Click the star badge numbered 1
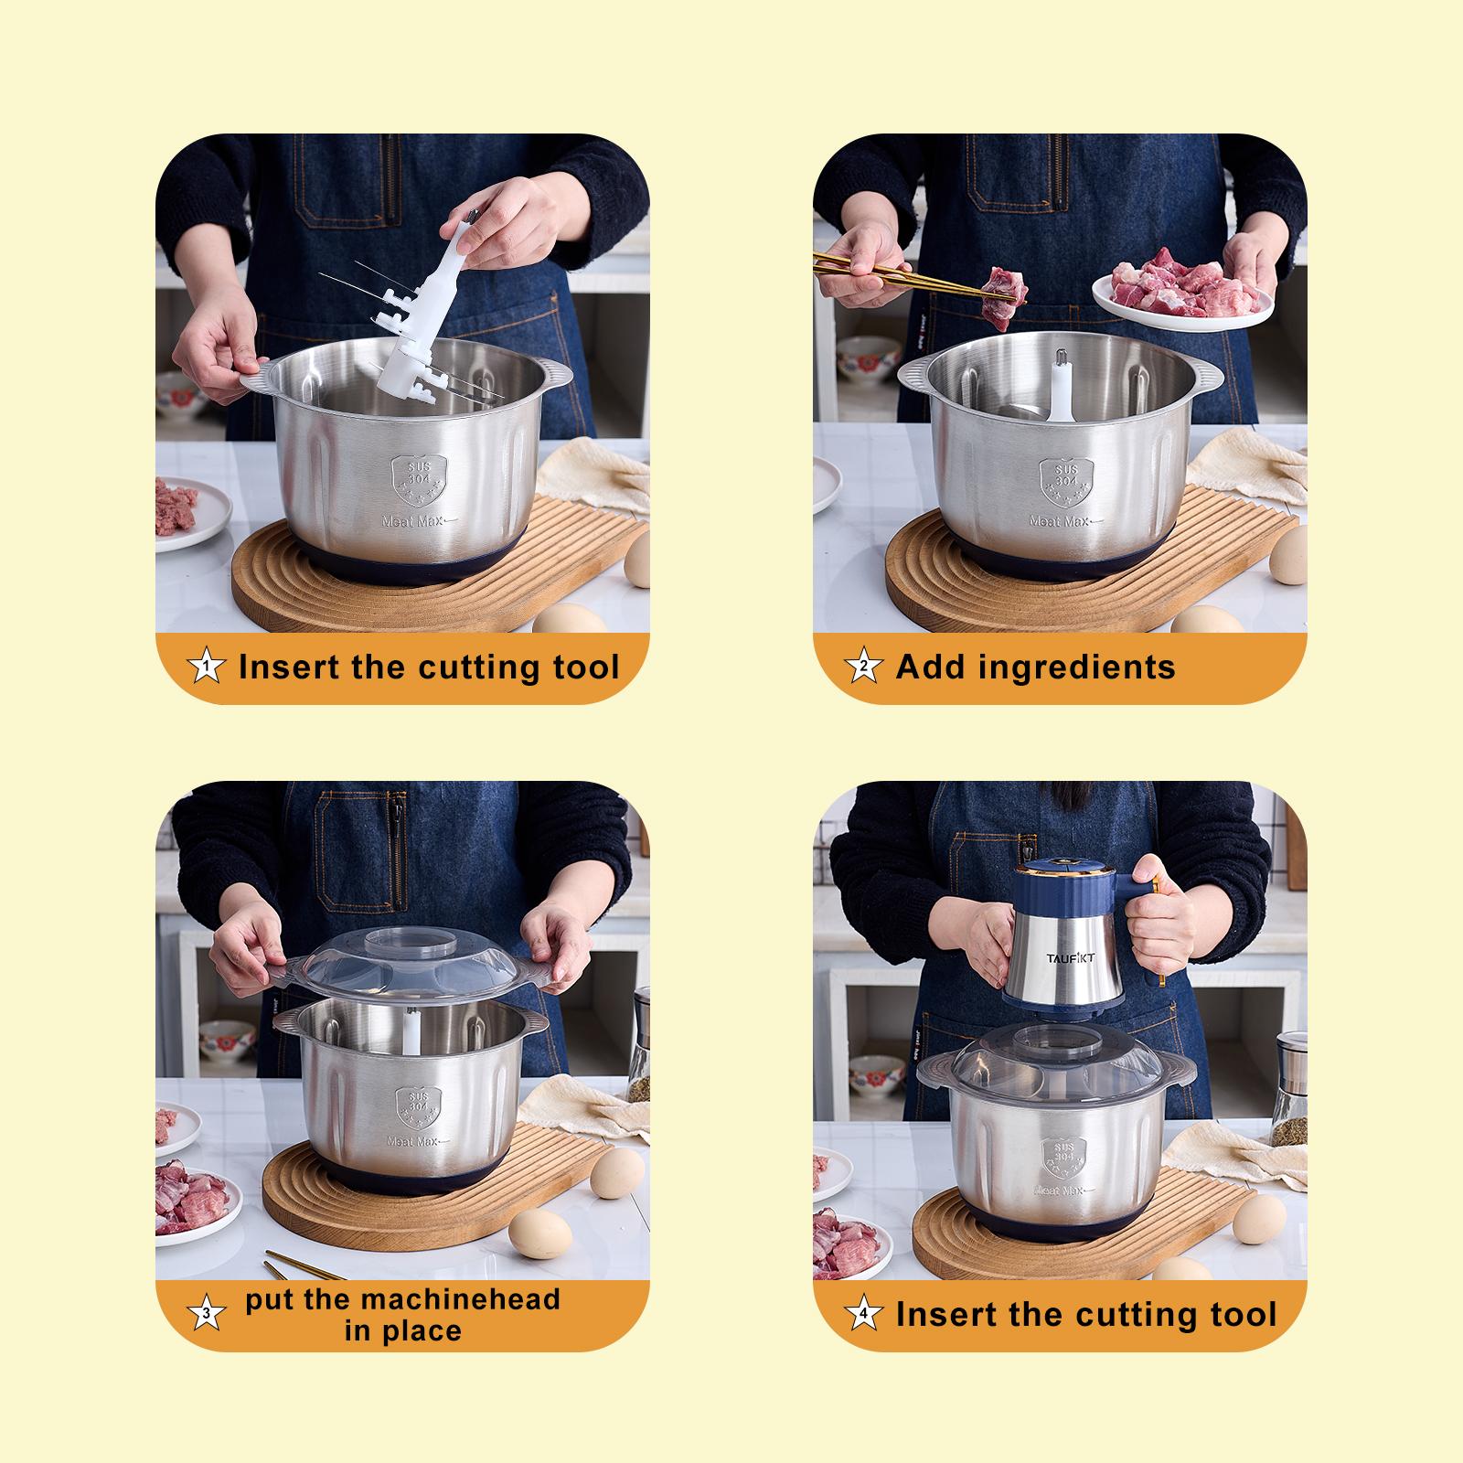(x=208, y=667)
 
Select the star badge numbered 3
(x=208, y=1315)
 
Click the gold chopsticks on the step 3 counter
(x=302, y=1266)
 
